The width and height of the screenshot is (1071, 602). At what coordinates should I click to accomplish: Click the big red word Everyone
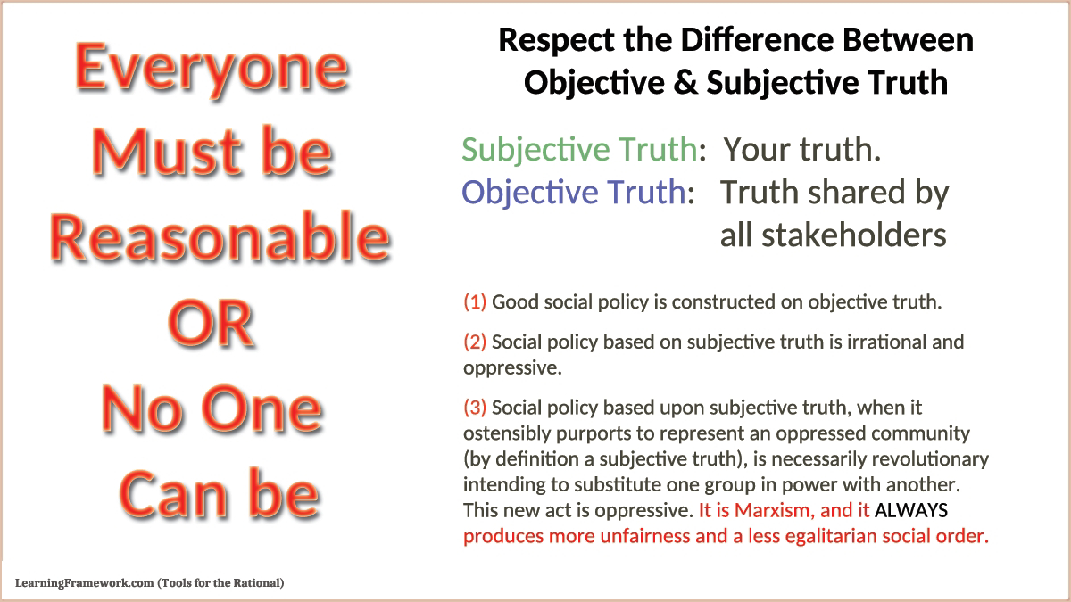coord(212,70)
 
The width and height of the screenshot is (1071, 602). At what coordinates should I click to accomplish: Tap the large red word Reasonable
coord(220,237)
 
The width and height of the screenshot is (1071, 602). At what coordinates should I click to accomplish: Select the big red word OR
coord(211,324)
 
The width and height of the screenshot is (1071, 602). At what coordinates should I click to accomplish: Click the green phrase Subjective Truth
coord(579,150)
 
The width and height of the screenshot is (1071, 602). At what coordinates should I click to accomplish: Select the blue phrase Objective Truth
coord(574,193)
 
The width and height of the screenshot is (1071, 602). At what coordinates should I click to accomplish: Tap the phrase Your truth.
coord(801,150)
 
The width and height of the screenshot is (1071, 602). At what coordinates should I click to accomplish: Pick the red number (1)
coord(475,302)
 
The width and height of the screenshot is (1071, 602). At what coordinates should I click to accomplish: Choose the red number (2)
coord(475,342)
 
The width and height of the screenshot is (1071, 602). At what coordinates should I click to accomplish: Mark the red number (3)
coord(475,408)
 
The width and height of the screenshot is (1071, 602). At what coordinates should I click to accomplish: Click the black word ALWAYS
coord(911,510)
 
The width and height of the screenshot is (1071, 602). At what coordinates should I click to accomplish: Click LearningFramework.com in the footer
coord(84,583)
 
